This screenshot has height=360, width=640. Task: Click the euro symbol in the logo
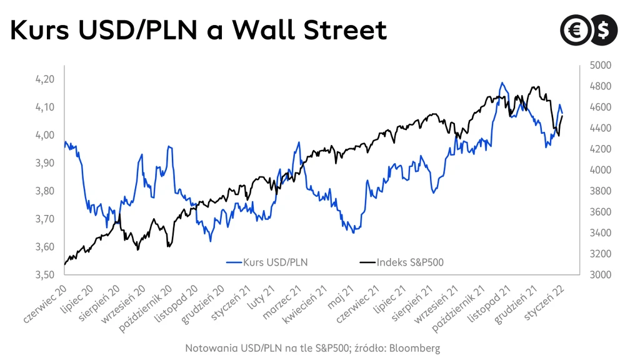572,29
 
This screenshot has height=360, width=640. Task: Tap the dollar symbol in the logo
604,29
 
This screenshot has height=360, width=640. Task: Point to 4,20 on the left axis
44,79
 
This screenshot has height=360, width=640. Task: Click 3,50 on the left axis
44,274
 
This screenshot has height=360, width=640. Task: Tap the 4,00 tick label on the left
44,135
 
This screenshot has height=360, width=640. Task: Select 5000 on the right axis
597,65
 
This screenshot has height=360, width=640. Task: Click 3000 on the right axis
597,274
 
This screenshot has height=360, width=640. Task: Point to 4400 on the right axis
597,128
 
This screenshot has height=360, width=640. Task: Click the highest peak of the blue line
501,82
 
